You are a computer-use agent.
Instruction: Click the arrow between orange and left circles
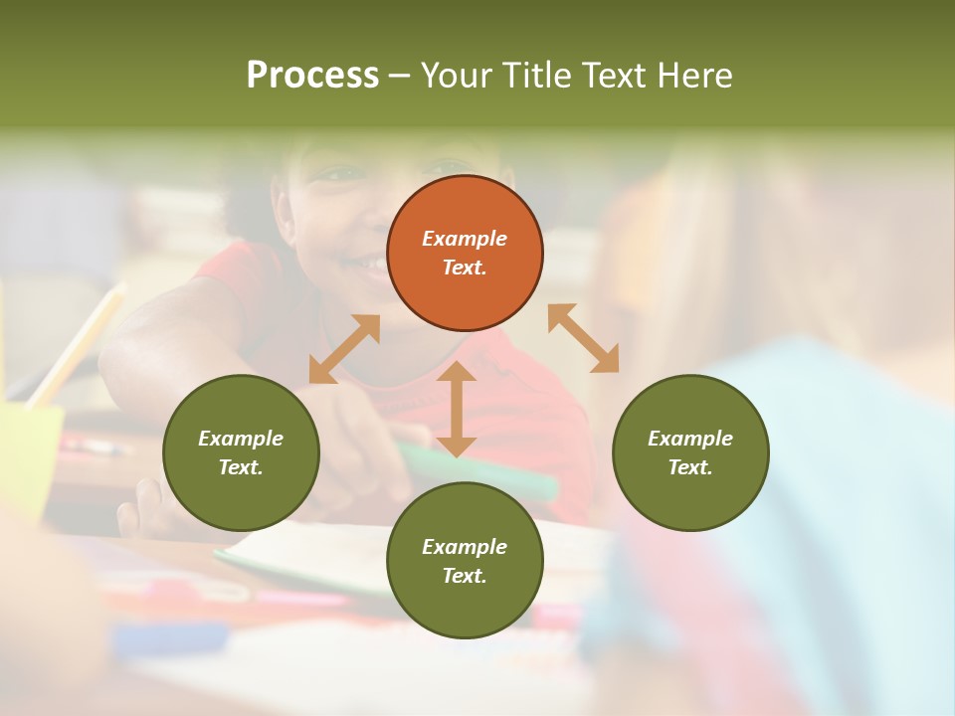pos(344,349)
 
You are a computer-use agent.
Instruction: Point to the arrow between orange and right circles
pos(583,338)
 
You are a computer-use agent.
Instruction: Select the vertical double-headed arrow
pos(457,409)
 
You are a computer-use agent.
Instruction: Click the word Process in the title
pos(312,75)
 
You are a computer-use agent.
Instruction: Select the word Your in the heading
pos(458,75)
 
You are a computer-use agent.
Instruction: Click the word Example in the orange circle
pos(465,239)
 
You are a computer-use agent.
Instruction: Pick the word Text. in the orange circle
pos(465,268)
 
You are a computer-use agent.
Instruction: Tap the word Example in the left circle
pos(241,439)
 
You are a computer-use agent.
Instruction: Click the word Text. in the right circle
pos(690,467)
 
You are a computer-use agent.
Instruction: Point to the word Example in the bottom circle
pos(465,547)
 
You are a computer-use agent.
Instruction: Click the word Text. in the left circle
pos(241,467)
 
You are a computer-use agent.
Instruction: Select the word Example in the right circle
pos(690,439)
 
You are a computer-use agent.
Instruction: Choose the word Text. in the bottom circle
pos(465,576)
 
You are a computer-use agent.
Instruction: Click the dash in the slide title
pos(399,76)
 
